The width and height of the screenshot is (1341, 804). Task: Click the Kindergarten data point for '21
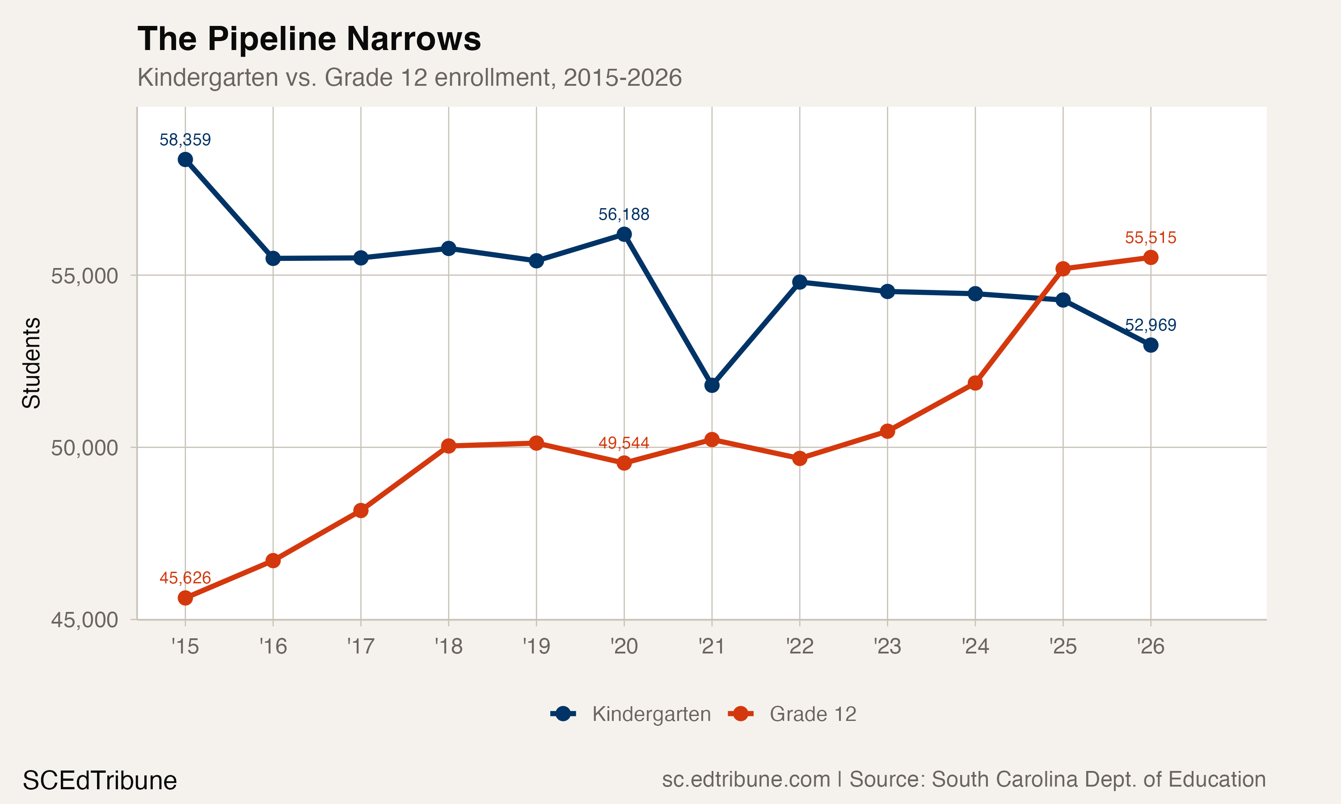tap(712, 385)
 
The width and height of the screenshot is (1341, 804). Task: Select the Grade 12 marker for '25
tap(1063, 269)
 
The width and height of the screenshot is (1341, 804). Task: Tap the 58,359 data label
tap(185, 140)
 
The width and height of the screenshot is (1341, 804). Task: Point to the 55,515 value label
tap(1150, 238)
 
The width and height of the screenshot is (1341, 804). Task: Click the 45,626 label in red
tap(185, 578)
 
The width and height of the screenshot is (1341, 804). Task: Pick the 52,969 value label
tap(1150, 325)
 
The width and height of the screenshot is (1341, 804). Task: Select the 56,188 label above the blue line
tap(624, 214)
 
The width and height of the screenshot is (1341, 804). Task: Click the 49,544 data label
tap(624, 443)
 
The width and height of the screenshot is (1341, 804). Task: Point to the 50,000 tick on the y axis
tap(84, 448)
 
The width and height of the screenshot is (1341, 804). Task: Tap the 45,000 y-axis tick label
tap(84, 620)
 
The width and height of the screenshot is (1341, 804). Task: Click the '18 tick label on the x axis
tap(448, 646)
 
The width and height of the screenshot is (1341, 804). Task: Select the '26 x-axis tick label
tap(1150, 646)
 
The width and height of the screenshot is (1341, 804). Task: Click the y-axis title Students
tap(31, 363)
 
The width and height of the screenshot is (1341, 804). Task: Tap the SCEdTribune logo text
tap(100, 781)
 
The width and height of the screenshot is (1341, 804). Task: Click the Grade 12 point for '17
tap(361, 511)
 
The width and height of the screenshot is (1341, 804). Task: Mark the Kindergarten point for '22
tap(800, 282)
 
